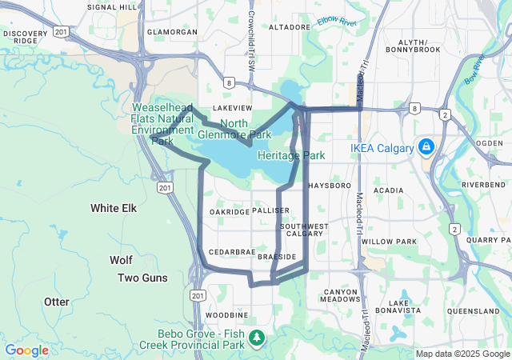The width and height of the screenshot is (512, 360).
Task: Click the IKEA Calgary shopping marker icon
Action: tap(426, 147)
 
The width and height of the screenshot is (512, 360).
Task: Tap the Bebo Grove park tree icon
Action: tap(257, 339)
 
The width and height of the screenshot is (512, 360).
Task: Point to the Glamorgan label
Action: tap(173, 32)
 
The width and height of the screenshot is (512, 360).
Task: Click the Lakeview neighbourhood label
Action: tap(233, 107)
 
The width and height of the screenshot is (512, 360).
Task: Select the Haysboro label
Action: tap(330, 185)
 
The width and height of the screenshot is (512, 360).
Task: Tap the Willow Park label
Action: tap(389, 241)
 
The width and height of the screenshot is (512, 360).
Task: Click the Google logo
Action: tap(26, 350)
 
